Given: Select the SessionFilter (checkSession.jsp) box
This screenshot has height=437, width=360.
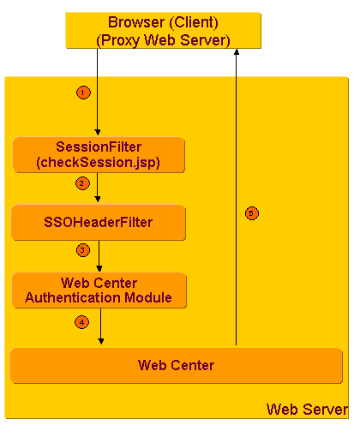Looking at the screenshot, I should pos(99,155).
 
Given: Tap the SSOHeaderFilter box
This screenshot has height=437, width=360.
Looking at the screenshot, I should pos(99,223).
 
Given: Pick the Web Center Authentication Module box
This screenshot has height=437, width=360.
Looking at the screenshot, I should pos(99,290).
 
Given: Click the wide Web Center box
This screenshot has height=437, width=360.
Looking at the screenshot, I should pos(176,366).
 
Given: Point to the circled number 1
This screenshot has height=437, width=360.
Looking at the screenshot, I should pos(82,92).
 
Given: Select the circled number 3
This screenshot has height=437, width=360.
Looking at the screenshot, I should pos(82,250).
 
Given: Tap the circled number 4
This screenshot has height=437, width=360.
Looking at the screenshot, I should pos(81,323).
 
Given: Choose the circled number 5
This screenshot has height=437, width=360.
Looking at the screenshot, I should pos(251,213).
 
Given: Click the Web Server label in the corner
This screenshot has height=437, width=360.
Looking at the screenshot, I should pos(307,409).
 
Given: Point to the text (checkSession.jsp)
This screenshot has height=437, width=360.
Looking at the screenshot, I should pos(99,163).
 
